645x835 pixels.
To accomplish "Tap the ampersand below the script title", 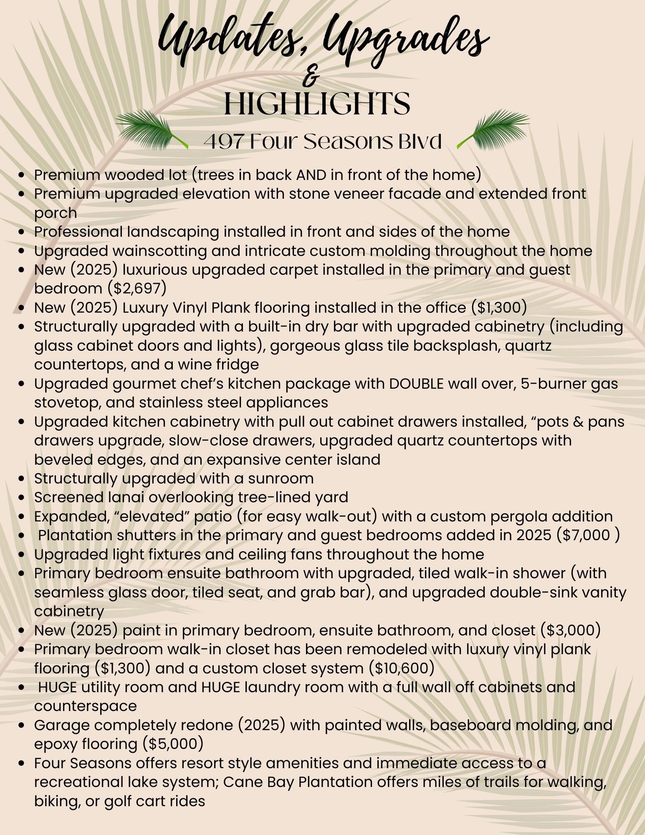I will click(313, 78).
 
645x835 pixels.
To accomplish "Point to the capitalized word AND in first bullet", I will click(311, 175).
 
